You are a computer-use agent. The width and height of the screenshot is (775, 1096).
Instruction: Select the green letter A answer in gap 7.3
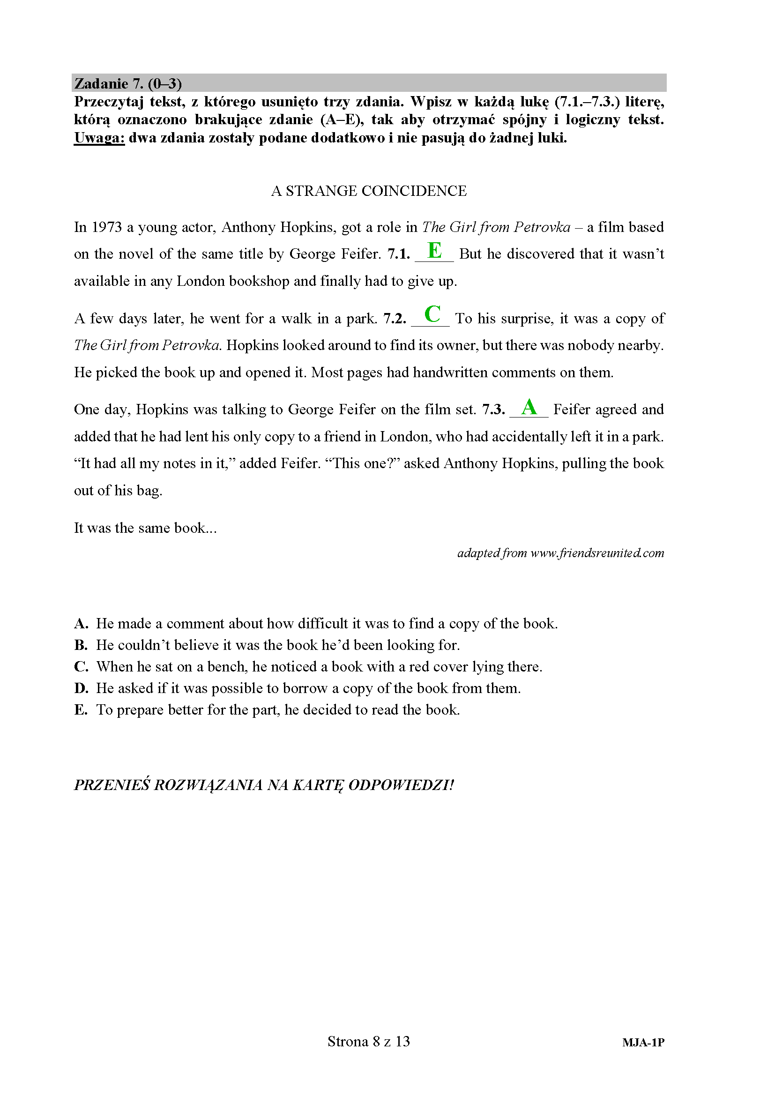(x=529, y=407)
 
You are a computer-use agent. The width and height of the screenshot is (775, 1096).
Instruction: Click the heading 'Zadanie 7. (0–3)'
(x=128, y=83)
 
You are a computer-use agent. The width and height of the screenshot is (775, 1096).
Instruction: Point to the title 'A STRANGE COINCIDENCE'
(x=368, y=191)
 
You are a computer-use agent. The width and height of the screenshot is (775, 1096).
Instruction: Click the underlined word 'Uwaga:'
(x=99, y=138)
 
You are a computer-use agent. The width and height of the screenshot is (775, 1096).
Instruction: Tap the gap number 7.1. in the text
(x=398, y=254)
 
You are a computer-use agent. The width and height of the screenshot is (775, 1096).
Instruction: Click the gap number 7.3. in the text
(x=493, y=410)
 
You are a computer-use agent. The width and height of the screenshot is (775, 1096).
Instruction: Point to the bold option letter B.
(x=81, y=645)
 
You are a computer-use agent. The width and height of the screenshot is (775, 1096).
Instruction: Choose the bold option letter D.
(x=81, y=688)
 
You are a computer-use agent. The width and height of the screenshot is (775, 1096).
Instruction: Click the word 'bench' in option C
(x=227, y=667)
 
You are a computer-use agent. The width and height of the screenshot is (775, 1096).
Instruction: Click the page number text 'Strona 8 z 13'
(x=368, y=1041)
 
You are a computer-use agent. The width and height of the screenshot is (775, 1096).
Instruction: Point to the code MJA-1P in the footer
(x=643, y=1043)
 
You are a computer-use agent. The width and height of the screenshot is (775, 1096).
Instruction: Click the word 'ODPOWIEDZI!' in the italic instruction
(x=401, y=785)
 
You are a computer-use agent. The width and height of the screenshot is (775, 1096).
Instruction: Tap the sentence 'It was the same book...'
(x=145, y=528)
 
